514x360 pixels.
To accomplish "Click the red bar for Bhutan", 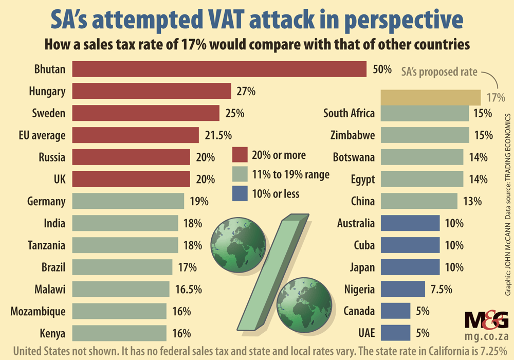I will pyautogui.click(x=219, y=69).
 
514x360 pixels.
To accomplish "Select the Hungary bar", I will pyautogui.click(x=152, y=92).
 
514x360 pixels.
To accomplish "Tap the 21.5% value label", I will pyautogui.click(x=217, y=135).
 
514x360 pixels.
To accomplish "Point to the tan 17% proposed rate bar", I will pyautogui.click(x=430, y=97).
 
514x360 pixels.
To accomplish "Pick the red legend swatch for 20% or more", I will pyautogui.click(x=240, y=155).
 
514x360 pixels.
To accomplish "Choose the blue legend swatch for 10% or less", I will pyautogui.click(x=240, y=193).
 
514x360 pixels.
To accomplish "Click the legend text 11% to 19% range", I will pyautogui.click(x=290, y=174).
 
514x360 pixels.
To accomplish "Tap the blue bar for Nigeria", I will pyautogui.click(x=402, y=289).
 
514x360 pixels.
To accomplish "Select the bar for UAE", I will pyautogui.click(x=395, y=333).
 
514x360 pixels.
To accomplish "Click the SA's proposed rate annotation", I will pyautogui.click(x=439, y=71).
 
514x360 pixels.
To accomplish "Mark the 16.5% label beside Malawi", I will pyautogui.click(x=188, y=289).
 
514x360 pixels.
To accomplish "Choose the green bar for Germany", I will pyautogui.click(x=128, y=201).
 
